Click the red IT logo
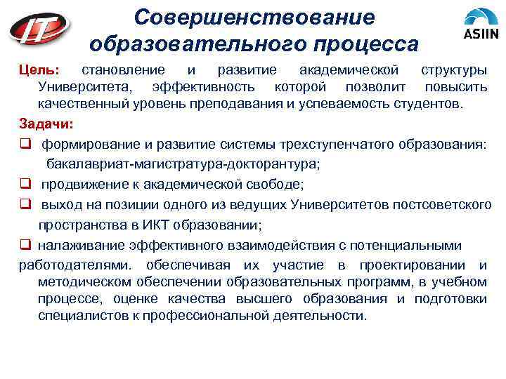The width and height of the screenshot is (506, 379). coord(41,29)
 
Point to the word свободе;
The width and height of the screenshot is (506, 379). coord(280,185)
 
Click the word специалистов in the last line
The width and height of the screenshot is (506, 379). coord(80,316)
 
